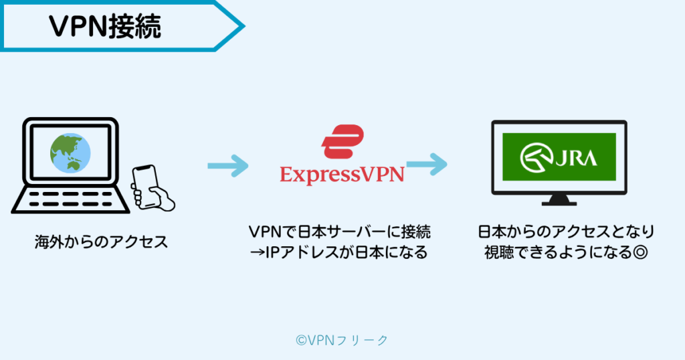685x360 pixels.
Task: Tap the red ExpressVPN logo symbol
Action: [x=342, y=142]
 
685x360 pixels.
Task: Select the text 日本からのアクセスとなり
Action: [x=566, y=233]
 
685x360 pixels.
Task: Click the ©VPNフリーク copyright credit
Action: [x=342, y=340]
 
